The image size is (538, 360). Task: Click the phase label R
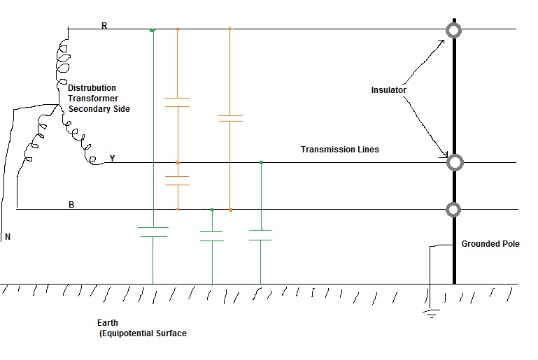[x=104, y=25]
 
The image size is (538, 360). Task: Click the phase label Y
[x=112, y=159]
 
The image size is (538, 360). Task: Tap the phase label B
[x=71, y=205]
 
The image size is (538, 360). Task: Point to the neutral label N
[x=8, y=238]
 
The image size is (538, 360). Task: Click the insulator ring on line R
[x=454, y=30]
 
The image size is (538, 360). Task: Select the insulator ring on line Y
[x=455, y=163]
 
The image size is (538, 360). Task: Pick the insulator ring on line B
[x=454, y=209]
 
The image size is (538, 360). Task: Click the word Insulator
[x=388, y=90]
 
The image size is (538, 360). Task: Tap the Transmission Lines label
[x=339, y=150]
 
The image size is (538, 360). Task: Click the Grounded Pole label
[x=490, y=244]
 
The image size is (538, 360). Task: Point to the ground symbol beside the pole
[x=431, y=313]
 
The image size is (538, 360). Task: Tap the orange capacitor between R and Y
[x=177, y=102]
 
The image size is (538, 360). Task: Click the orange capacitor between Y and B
[x=177, y=180]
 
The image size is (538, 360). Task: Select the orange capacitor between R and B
[x=230, y=118]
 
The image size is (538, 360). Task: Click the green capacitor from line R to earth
[x=153, y=232]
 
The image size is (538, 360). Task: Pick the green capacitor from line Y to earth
[x=260, y=235]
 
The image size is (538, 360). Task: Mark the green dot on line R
[x=153, y=30]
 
